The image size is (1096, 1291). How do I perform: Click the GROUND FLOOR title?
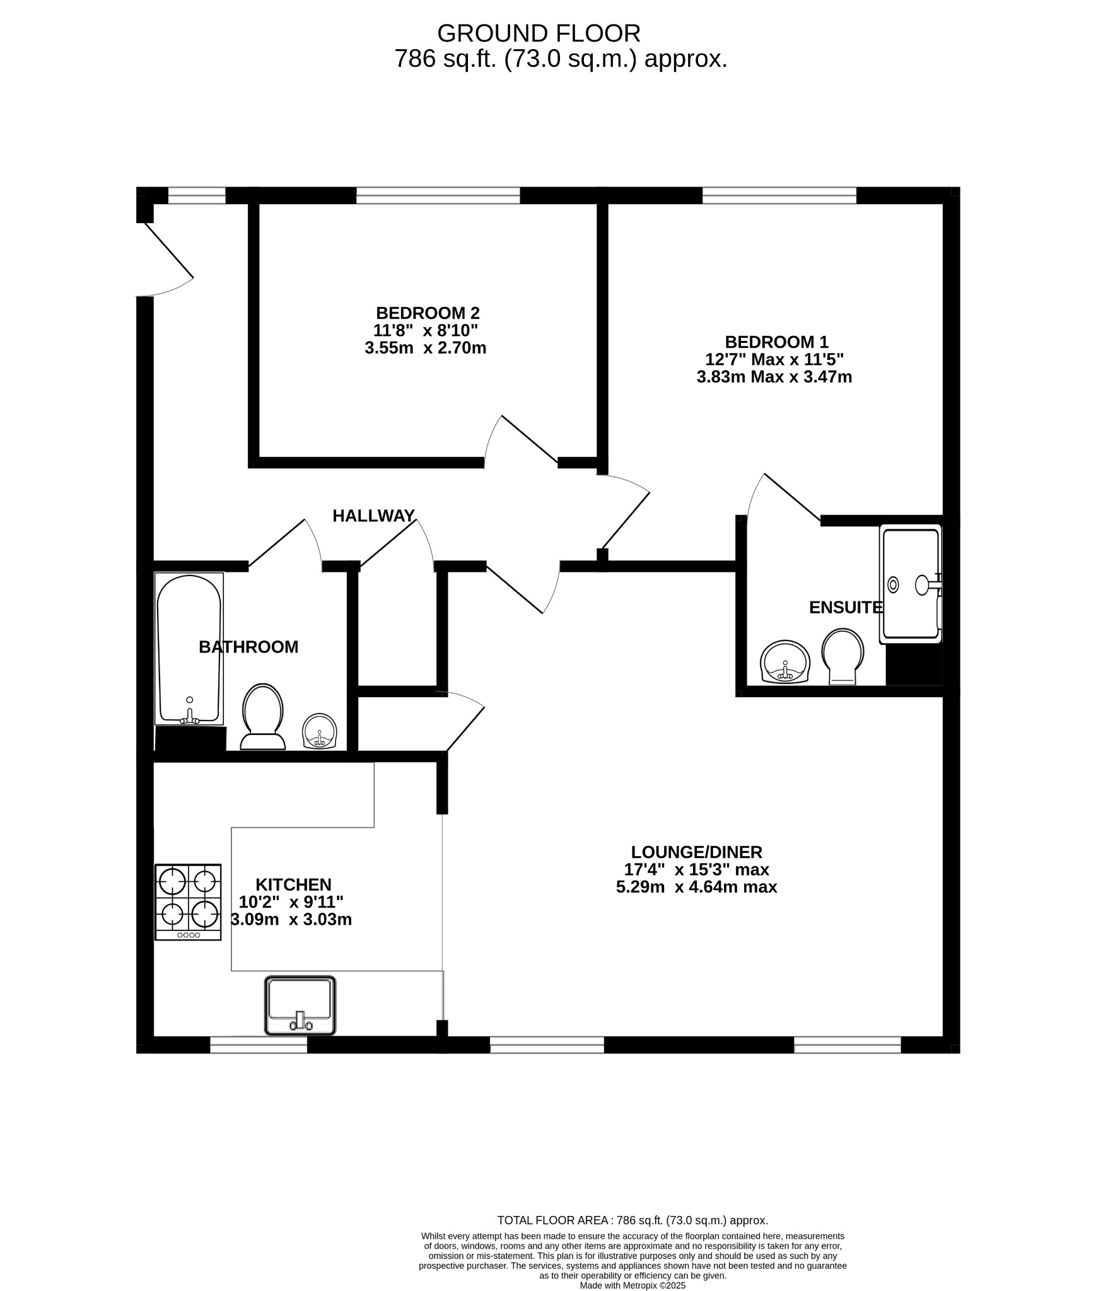click(539, 33)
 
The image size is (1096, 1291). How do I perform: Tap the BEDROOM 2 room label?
click(428, 313)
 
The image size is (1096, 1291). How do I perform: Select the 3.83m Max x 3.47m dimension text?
click(774, 377)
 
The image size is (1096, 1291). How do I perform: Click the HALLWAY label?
click(373, 516)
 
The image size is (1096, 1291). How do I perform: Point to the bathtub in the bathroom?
click(189, 648)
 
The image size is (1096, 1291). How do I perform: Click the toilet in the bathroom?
click(262, 717)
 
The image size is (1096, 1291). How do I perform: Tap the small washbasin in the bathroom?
click(320, 731)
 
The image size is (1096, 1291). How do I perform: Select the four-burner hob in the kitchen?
click(188, 902)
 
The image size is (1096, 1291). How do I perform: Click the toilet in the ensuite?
click(842, 656)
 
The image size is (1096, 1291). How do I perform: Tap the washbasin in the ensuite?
click(784, 662)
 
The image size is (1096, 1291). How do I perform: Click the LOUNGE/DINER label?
click(696, 852)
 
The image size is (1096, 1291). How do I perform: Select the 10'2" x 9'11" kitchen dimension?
click(291, 902)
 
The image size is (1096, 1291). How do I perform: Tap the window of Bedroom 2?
click(438, 195)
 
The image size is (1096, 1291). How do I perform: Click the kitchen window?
click(258, 1045)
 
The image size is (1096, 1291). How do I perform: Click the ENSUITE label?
click(845, 607)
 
